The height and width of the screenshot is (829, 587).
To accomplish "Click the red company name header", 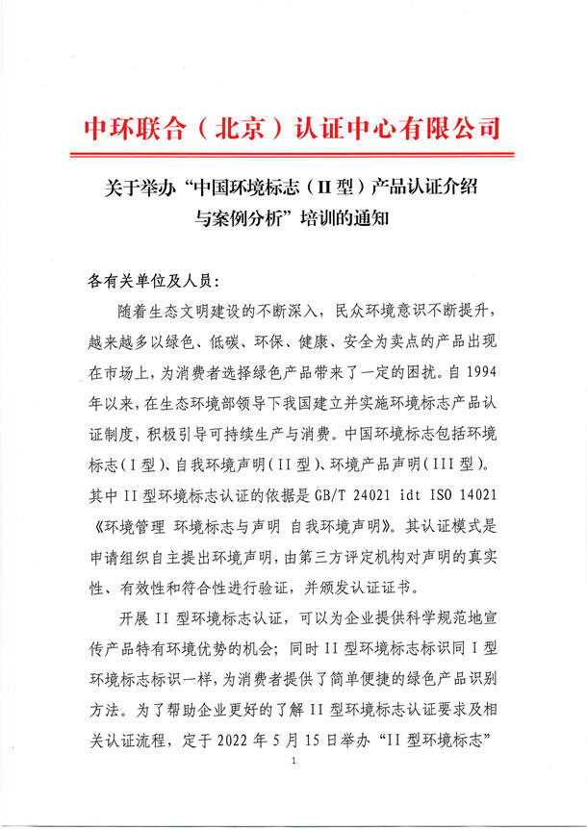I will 293,128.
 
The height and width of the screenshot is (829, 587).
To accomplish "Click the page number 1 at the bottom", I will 293,788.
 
